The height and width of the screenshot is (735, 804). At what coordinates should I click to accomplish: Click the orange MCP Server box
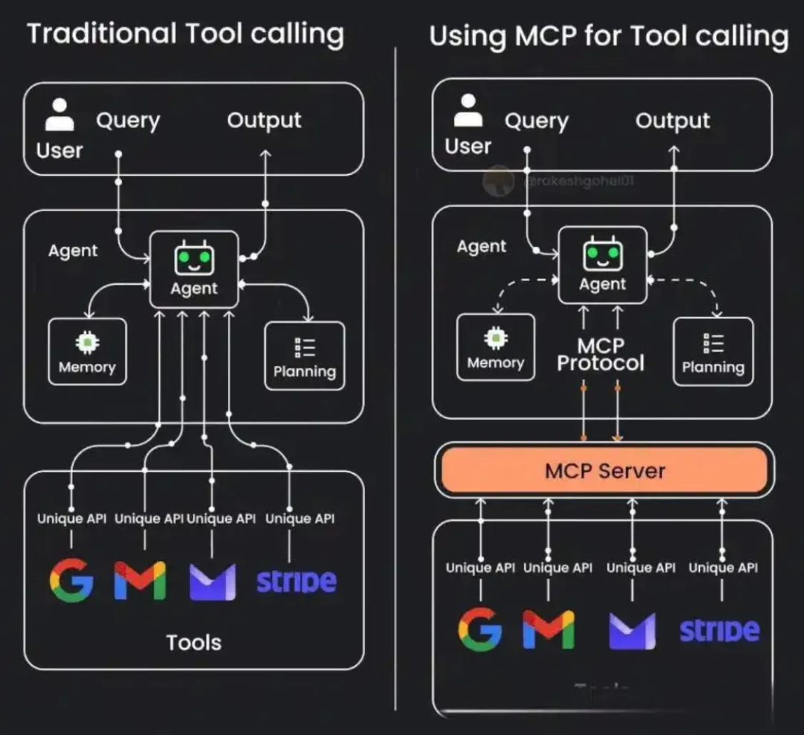pos(604,470)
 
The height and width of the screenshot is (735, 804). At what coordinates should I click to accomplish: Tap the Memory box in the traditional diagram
pos(87,352)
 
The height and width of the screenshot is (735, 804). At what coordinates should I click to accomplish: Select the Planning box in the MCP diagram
pos(712,352)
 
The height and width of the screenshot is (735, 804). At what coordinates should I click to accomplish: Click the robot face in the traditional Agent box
pos(194,259)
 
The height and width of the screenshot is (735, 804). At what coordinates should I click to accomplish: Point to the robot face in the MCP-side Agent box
pos(602,254)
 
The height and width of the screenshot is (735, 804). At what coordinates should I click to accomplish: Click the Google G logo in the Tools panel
pos(71,580)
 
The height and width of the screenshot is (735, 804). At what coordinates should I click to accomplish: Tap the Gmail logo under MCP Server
pos(549,629)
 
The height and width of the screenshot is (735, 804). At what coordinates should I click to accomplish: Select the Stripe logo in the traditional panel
pos(296,581)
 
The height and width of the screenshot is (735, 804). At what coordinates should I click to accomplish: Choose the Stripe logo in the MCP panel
pos(719,630)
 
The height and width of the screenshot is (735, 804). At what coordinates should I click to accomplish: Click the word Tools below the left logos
pos(194,642)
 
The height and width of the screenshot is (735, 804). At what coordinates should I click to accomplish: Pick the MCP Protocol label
pos(600,354)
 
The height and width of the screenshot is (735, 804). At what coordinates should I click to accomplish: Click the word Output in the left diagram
pos(264,121)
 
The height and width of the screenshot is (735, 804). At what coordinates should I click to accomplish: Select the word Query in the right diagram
pos(536,121)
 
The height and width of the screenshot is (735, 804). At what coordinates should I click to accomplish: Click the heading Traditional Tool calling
pos(185,34)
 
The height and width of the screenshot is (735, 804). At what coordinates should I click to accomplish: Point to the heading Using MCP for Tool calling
pos(608,36)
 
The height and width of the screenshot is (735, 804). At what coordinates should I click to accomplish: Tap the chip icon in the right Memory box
pos(496,338)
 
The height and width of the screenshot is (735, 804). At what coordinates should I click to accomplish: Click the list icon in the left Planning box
pos(304,347)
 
